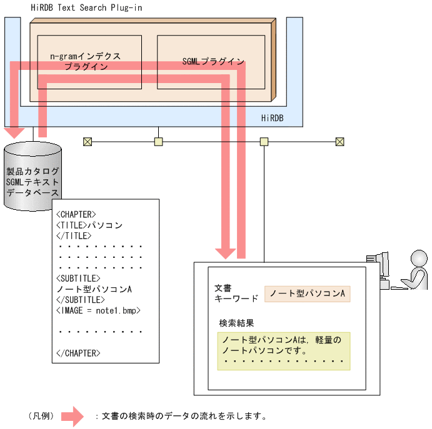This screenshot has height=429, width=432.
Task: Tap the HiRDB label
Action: tap(272, 117)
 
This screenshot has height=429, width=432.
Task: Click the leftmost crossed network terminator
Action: tap(87, 142)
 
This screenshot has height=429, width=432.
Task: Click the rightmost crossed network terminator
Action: tap(339, 142)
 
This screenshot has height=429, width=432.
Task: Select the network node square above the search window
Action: tap(264, 142)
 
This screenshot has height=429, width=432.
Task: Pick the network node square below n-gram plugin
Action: tap(159, 142)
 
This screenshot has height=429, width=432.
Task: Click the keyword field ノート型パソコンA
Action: tap(307, 293)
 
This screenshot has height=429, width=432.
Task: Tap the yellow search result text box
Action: tap(283, 351)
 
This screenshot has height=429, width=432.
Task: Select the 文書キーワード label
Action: tap(232, 293)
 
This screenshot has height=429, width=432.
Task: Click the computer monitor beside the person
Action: tap(378, 267)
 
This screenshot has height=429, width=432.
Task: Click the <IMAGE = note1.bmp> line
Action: tap(98, 310)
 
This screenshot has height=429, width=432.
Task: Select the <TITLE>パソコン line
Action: tap(89, 225)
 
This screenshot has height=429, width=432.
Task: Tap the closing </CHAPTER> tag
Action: tap(78, 353)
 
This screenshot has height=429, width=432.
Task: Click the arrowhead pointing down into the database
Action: tap(14, 132)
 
